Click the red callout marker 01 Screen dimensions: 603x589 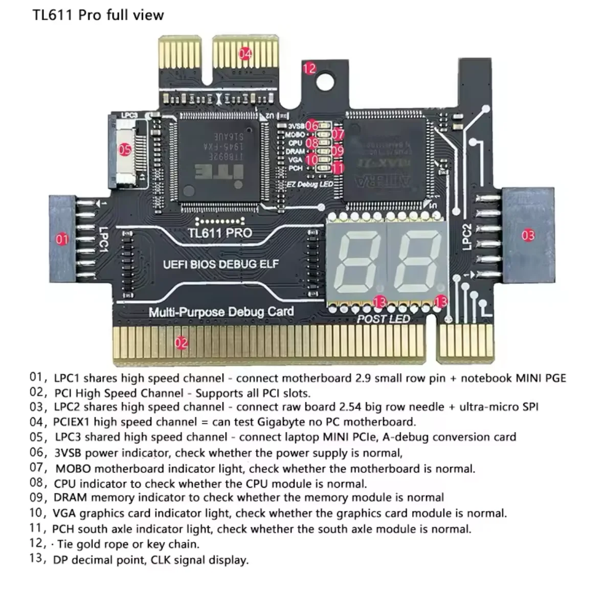click(x=62, y=238)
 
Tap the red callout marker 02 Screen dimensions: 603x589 click(x=181, y=343)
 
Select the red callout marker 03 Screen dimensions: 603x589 click(x=528, y=235)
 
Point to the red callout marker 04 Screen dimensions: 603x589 click(x=245, y=53)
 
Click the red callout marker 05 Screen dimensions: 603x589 click(x=125, y=150)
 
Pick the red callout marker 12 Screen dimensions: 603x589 click(x=309, y=69)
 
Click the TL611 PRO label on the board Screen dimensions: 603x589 click(x=220, y=233)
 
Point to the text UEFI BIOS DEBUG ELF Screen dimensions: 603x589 click(x=221, y=264)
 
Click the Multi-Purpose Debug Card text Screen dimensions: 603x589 click(x=221, y=311)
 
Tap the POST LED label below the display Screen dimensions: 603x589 click(x=383, y=319)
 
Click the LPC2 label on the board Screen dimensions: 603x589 click(x=466, y=237)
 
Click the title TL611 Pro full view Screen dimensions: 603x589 click(x=98, y=15)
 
